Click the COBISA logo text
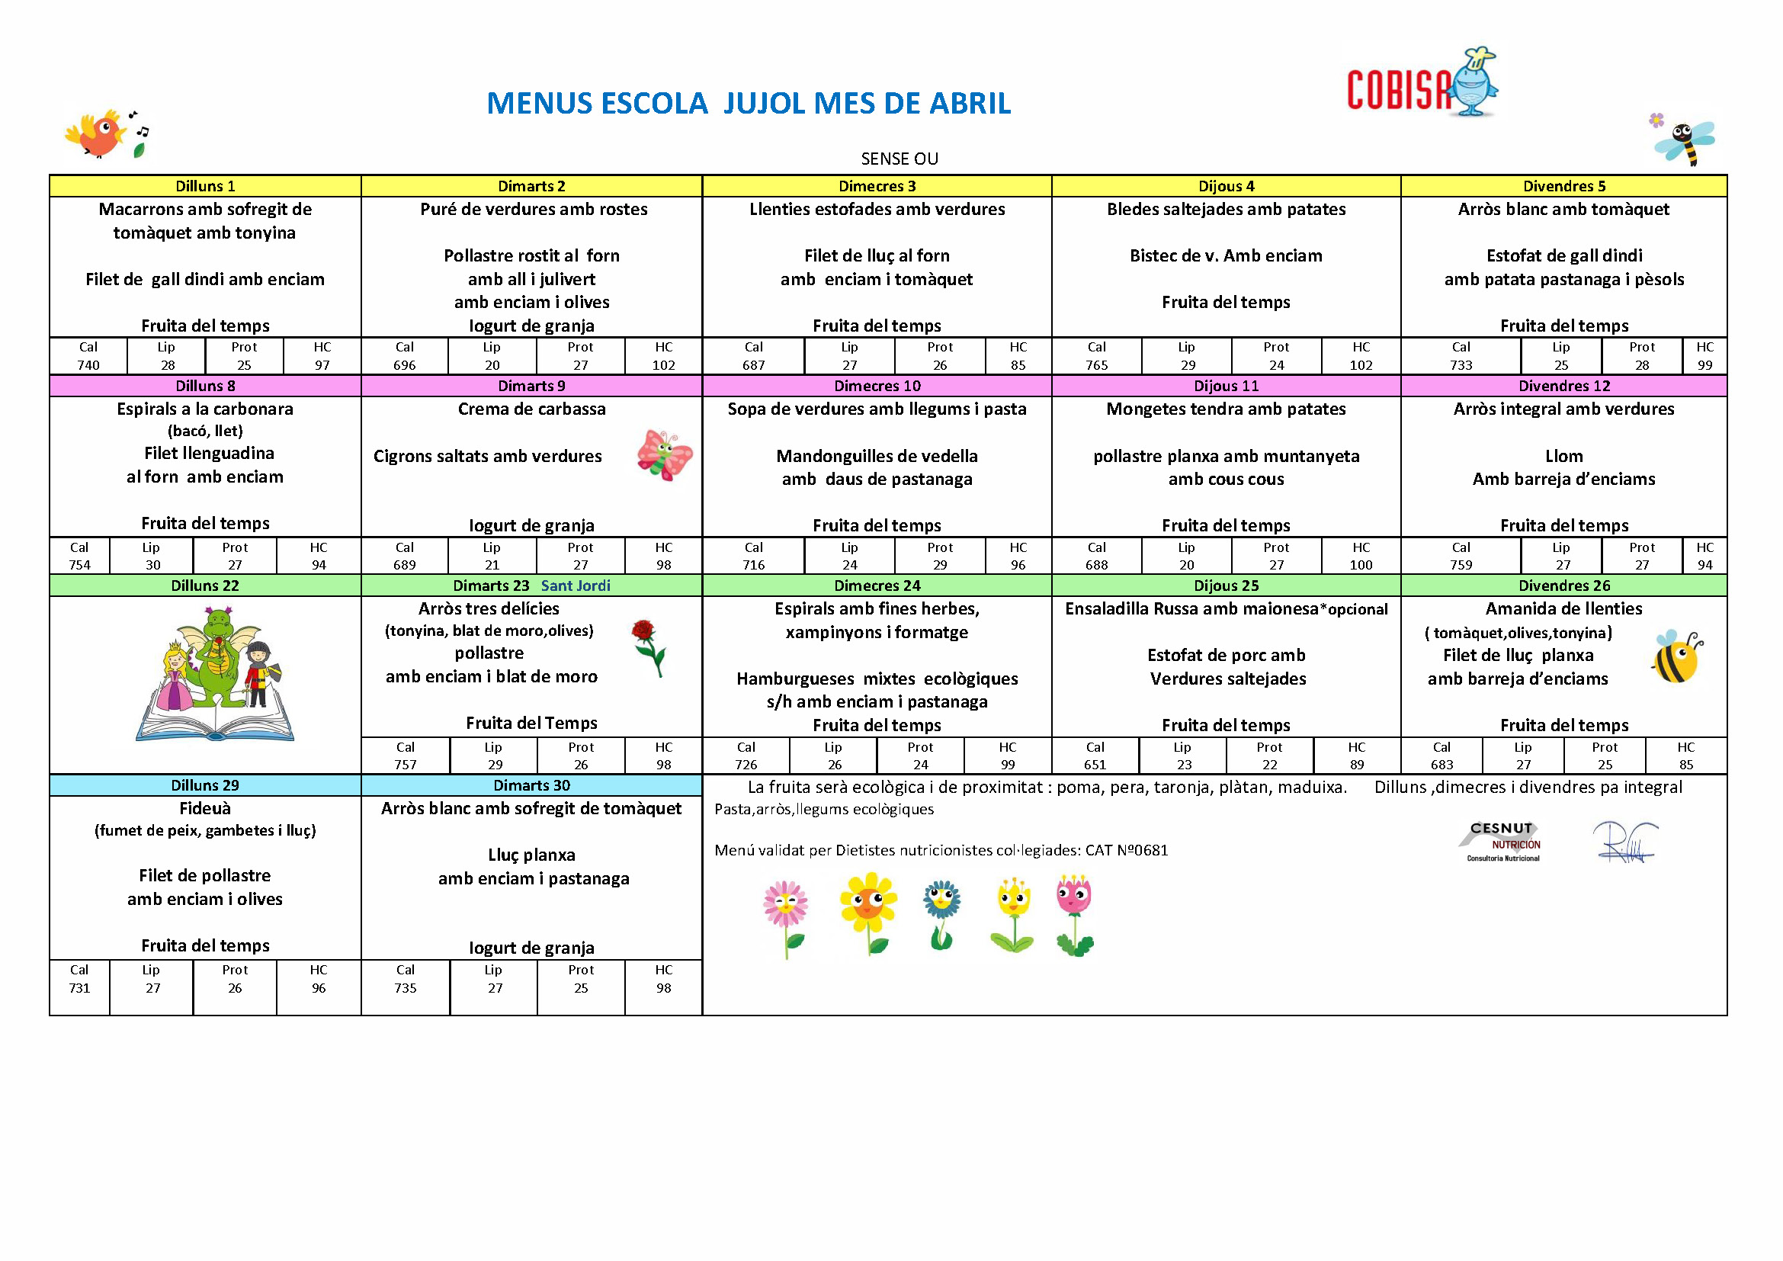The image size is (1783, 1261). (x=1398, y=88)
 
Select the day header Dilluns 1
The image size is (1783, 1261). (x=205, y=186)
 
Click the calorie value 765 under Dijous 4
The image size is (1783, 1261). (x=1095, y=365)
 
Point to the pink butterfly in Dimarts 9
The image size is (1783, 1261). (x=664, y=456)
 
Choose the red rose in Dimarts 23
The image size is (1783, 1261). (x=649, y=647)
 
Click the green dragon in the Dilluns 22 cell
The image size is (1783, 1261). (x=217, y=653)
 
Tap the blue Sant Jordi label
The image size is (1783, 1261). (x=576, y=586)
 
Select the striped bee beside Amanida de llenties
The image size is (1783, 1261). (x=1675, y=657)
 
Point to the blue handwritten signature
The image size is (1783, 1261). (x=1624, y=842)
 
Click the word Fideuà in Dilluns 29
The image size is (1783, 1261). (x=205, y=808)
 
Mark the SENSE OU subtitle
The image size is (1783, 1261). (x=900, y=159)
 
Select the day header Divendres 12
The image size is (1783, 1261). (x=1564, y=386)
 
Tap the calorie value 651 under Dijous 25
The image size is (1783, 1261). (x=1095, y=765)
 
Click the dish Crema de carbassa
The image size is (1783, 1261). (x=531, y=409)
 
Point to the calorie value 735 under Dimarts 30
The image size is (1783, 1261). (x=405, y=987)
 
